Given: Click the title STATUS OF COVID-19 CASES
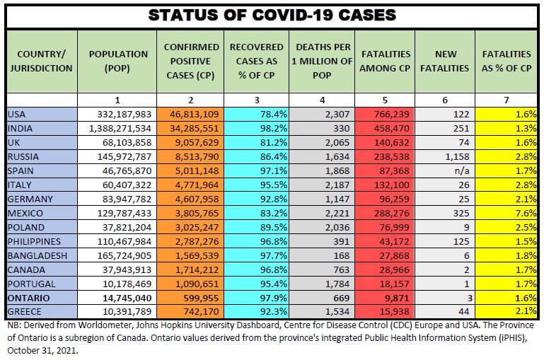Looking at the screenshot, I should (272, 15).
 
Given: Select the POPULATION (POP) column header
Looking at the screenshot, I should (119, 61).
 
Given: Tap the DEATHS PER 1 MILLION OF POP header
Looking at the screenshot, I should (323, 61).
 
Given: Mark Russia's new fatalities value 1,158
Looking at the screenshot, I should (455, 156).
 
